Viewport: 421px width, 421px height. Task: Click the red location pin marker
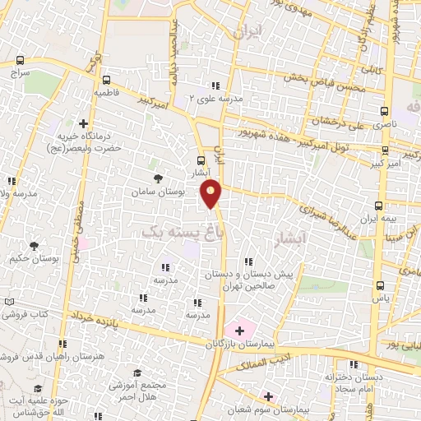click(x=212, y=194)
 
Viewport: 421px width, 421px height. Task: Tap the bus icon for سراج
click(x=21, y=60)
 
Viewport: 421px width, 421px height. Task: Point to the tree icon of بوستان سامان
click(x=158, y=178)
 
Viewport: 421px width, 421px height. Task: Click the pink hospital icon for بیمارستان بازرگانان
click(x=239, y=330)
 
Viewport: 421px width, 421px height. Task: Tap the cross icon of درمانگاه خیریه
click(x=83, y=123)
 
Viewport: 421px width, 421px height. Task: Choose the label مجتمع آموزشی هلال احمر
click(x=137, y=390)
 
